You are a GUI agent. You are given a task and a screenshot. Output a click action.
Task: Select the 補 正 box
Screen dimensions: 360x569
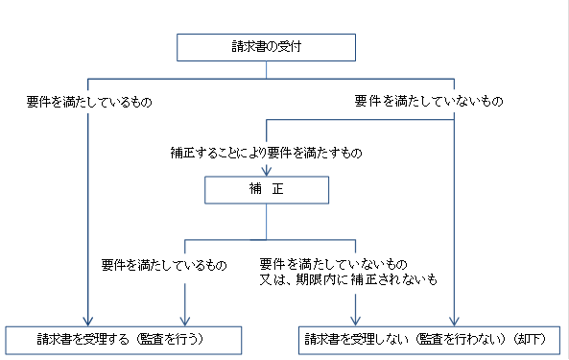[267, 190]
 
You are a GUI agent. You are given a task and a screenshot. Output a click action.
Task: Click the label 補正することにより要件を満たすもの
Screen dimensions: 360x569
[266, 152]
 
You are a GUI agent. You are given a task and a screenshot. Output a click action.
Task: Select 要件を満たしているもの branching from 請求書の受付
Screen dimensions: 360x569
[89, 101]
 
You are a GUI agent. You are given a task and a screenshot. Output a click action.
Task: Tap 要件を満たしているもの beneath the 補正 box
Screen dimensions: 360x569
[163, 264]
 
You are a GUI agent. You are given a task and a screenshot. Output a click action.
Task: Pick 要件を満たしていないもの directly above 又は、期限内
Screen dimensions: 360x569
[334, 264]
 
